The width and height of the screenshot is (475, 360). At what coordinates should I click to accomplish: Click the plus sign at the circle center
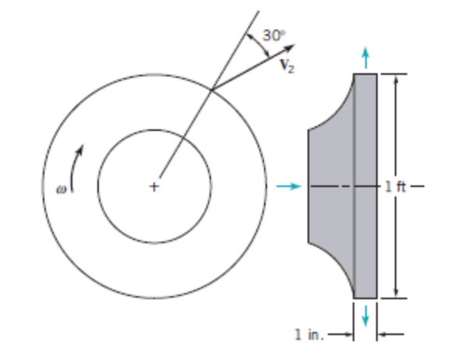(154, 187)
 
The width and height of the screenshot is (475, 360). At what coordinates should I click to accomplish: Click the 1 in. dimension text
(309, 335)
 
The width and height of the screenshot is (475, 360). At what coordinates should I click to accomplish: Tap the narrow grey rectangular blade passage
(365, 234)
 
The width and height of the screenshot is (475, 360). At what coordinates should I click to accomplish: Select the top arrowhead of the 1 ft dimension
(396, 79)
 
